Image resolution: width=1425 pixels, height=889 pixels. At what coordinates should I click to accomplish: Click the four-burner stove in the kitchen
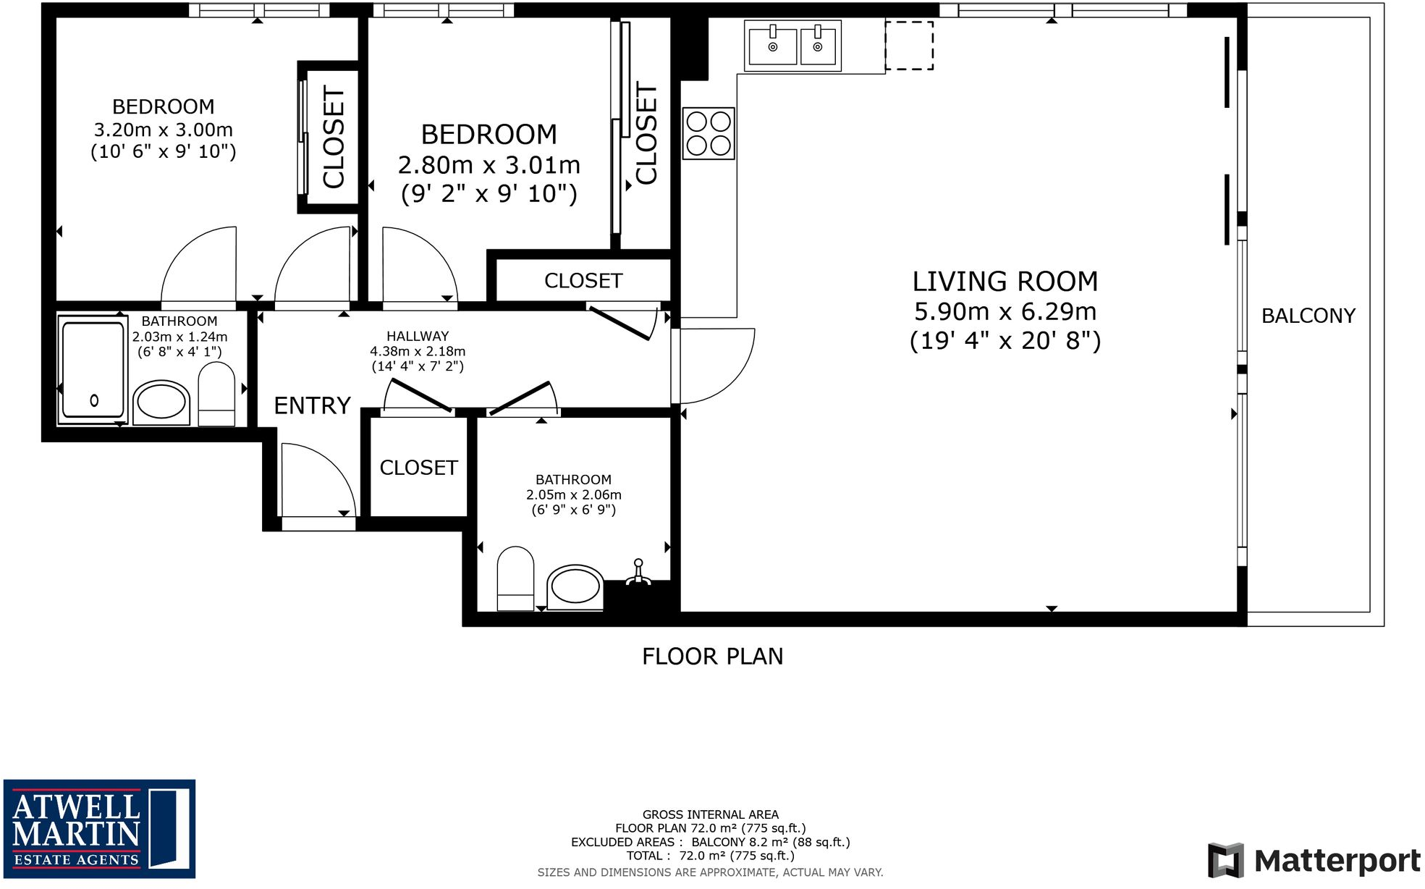pos(709,133)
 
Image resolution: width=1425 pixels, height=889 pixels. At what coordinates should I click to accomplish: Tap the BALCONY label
pos(1308,316)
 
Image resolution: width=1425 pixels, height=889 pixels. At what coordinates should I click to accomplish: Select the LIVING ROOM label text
pos(1005,281)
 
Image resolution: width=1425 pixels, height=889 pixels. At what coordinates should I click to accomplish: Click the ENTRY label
pos(312,405)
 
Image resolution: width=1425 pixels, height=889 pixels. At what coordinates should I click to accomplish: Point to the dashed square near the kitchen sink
pos(909,46)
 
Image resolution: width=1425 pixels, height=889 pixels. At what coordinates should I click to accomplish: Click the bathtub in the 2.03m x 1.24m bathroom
pos(93,369)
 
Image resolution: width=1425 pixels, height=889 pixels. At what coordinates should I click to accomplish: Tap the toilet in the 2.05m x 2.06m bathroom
pos(515,578)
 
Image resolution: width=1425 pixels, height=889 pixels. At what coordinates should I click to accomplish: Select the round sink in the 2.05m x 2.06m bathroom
pos(575,587)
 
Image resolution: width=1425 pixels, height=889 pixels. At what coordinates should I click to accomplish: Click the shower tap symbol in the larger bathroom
pos(638,572)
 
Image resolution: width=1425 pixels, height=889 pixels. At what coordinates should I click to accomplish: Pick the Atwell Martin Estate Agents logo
pos(99,828)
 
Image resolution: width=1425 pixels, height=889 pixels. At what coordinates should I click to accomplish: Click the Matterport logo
pos(1314,860)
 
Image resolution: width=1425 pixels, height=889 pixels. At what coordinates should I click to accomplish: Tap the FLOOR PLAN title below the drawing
pos(712,657)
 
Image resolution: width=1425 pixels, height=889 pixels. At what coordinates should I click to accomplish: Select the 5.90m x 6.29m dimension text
pos(1005,311)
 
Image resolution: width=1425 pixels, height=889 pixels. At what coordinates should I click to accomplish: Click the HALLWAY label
pos(418,336)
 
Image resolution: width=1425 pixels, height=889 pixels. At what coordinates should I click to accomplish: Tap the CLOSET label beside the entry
pos(418,468)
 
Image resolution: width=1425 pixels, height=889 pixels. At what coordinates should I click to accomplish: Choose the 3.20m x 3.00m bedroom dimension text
pos(164,130)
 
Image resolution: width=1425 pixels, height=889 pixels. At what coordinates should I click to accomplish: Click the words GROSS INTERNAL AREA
pos(711,814)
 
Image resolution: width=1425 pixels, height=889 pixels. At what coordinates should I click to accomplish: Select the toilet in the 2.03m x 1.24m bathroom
pos(216,394)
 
